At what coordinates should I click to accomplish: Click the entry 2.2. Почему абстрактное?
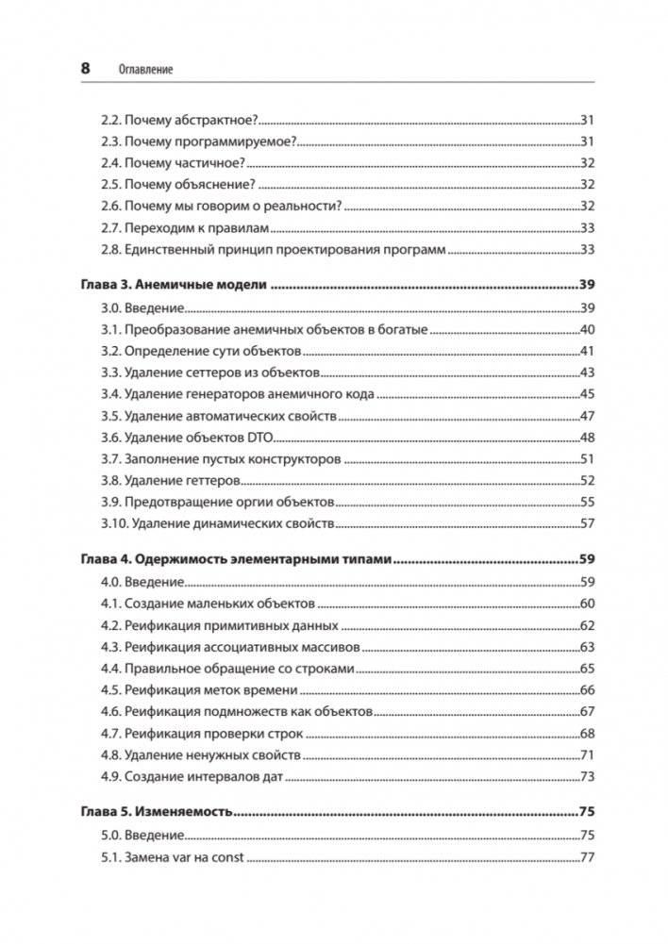tap(178, 120)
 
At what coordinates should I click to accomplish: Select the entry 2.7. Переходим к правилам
tap(185, 228)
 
